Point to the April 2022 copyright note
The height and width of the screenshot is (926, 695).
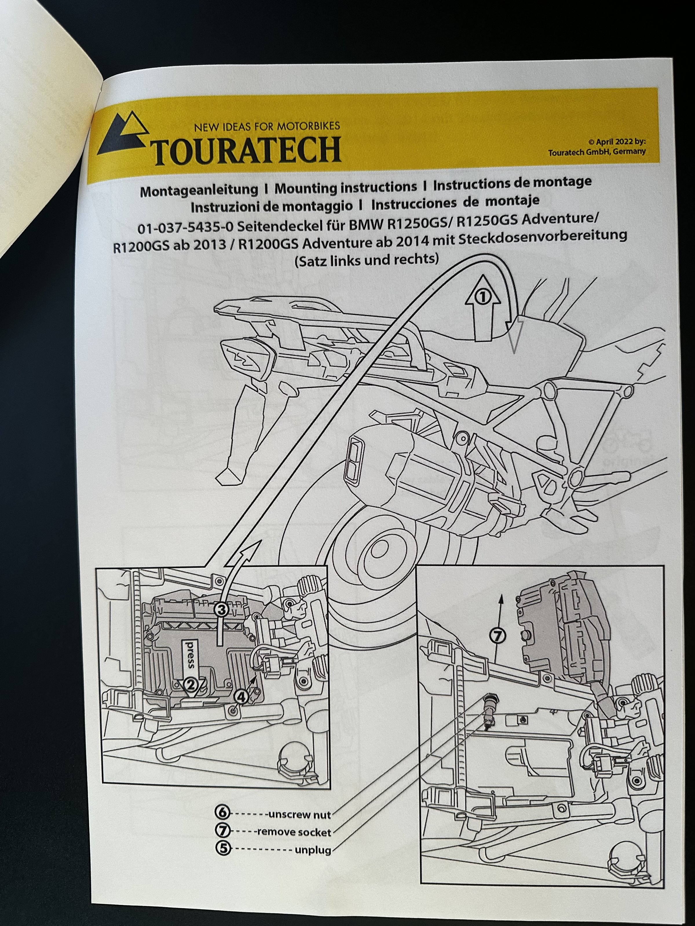597,146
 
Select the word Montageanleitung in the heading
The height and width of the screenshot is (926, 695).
199,190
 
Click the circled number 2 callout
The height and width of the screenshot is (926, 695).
191,685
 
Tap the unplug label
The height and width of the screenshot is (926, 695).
313,850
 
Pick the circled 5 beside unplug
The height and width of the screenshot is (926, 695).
223,848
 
